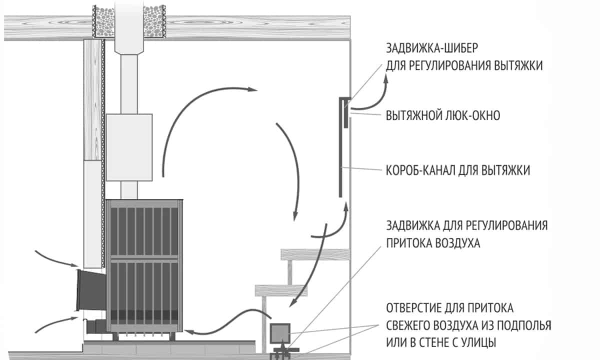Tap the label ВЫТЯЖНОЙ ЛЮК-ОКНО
(443, 115)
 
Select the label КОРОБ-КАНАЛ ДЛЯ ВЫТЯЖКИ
(458, 170)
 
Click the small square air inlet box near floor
(280, 332)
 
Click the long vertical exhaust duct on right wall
(340, 150)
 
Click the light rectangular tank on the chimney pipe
(129, 147)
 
